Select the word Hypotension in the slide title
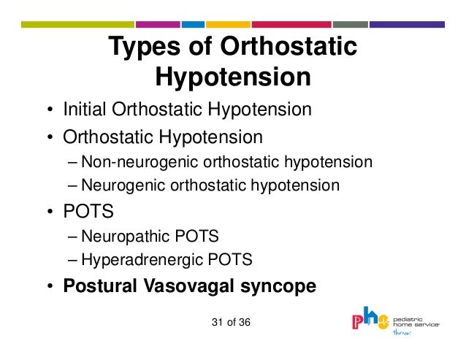233,77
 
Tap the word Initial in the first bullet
85,110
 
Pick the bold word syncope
278,286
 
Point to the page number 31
216,322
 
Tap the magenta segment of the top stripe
156,24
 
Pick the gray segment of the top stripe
351,24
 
